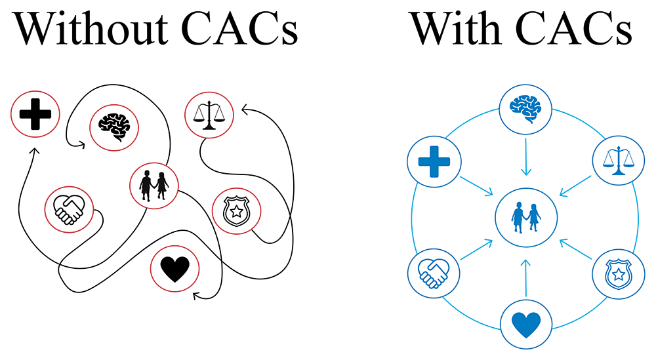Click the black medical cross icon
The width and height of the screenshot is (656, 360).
(x=35, y=114)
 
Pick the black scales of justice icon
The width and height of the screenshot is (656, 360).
(x=209, y=115)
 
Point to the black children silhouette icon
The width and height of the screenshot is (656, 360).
(x=154, y=184)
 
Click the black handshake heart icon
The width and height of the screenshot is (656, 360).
(x=69, y=208)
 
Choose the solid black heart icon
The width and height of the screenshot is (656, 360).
(x=174, y=268)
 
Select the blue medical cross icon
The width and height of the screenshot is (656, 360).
(x=434, y=161)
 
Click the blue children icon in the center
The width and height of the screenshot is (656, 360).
(x=526, y=217)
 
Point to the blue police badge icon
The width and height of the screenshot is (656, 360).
(x=617, y=273)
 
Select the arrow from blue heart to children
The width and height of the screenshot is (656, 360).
(x=525, y=278)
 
